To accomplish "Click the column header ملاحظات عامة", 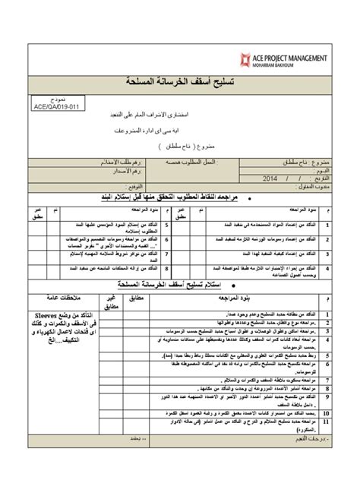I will click(x=59, y=298).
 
